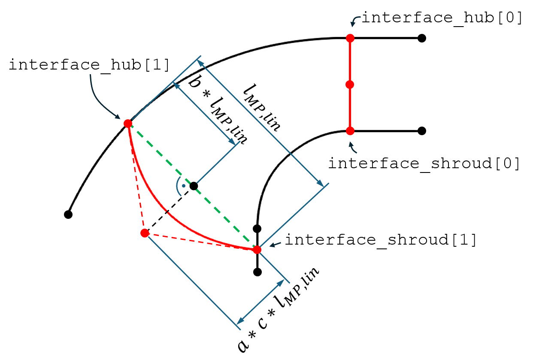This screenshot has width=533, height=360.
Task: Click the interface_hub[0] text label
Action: (442, 18)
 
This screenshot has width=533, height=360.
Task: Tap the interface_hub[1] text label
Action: (89, 65)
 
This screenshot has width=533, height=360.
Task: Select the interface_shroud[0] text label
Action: (424, 164)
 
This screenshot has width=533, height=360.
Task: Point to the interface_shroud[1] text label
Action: (381, 240)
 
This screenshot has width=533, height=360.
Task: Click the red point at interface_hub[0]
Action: (350, 38)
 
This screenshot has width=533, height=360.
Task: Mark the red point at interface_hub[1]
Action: (128, 124)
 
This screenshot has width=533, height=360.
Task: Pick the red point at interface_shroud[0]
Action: (350, 131)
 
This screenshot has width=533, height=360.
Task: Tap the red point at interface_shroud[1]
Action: (257, 250)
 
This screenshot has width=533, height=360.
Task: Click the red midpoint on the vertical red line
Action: (350, 85)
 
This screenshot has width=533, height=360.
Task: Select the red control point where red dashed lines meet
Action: (145, 233)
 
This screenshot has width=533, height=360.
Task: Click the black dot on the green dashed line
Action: (194, 186)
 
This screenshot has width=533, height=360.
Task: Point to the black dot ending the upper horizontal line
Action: (422, 38)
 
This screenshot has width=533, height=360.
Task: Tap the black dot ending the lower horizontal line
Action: (422, 131)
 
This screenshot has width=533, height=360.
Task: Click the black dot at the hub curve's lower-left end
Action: (68, 215)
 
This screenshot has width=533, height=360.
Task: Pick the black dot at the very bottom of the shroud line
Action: (257, 272)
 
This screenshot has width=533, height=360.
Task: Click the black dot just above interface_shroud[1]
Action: (257, 229)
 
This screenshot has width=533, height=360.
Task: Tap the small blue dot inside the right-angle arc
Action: (184, 186)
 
